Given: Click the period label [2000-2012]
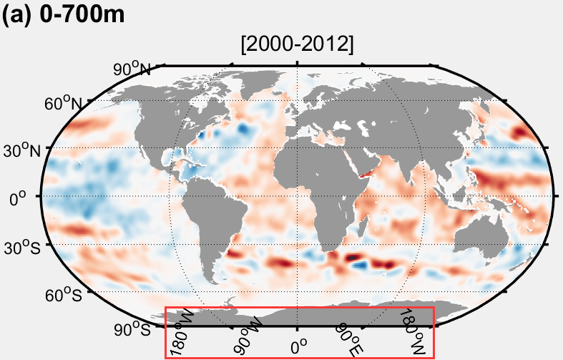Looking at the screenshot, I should coord(298,45).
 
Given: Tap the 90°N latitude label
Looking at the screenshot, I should coord(132,69).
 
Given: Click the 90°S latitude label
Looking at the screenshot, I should coord(133,329).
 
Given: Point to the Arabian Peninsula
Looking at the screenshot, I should coord(362,160).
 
